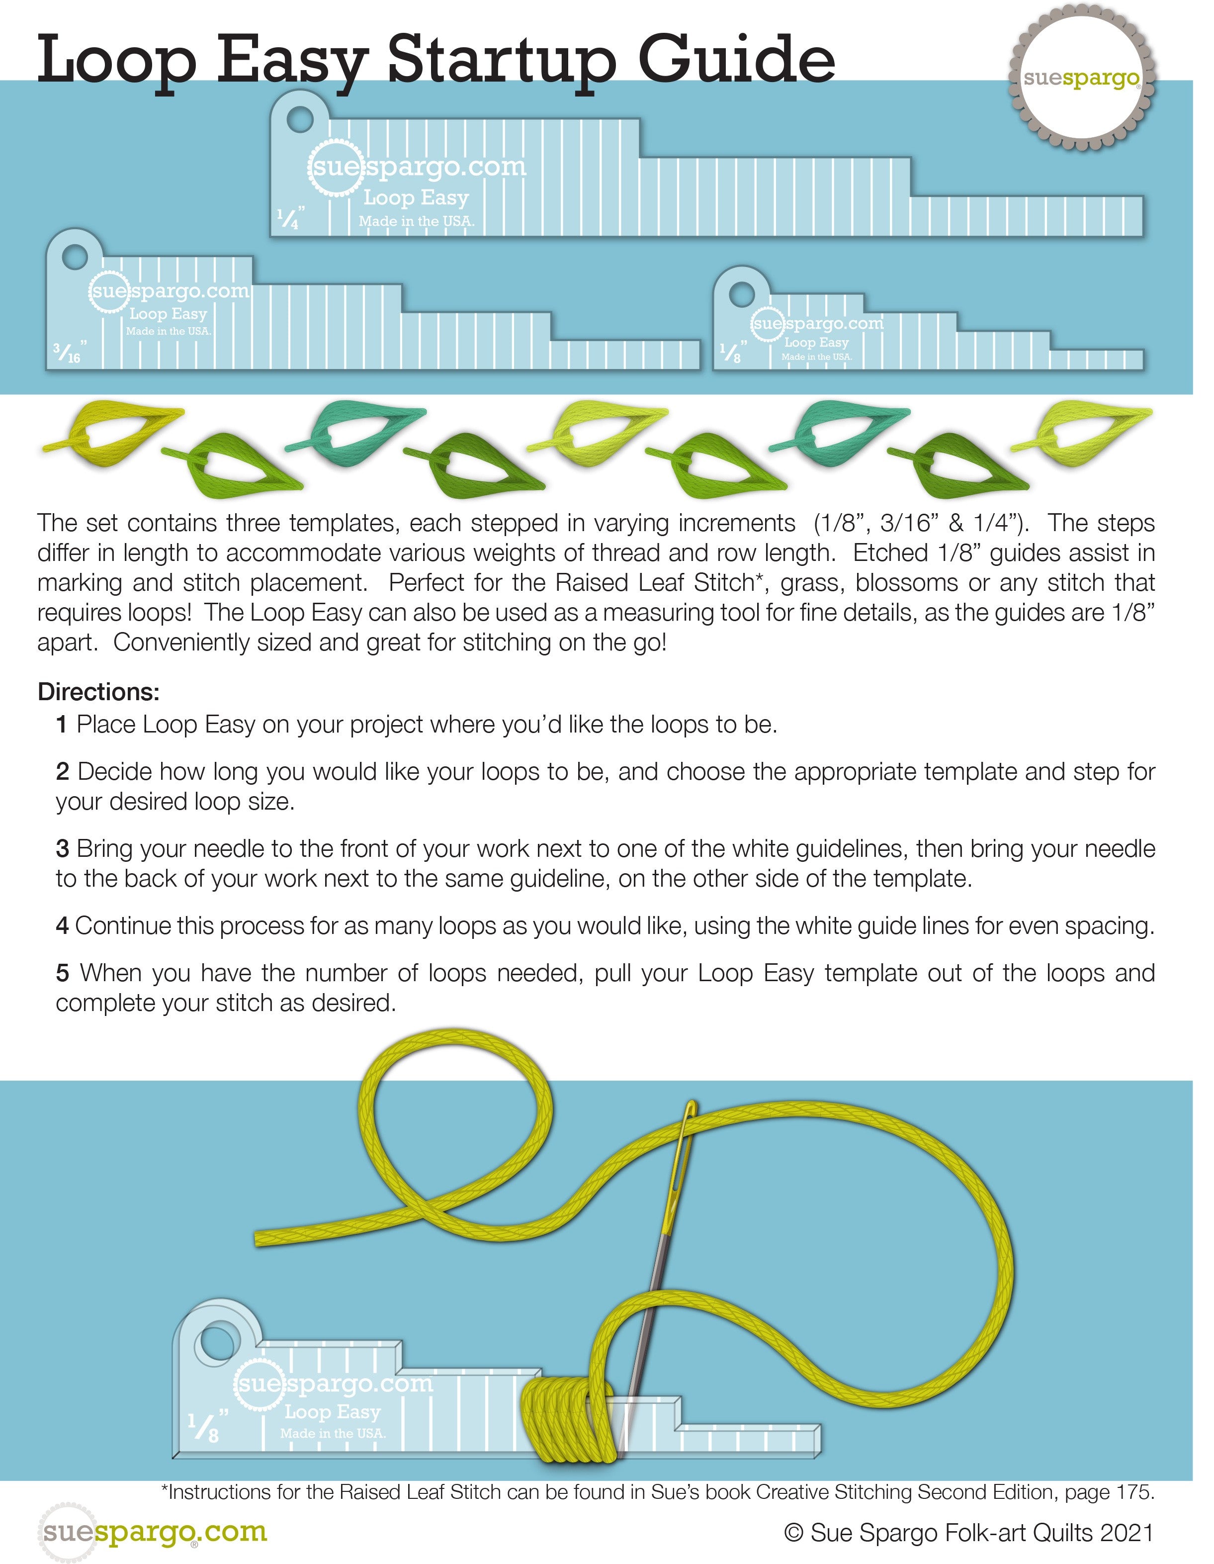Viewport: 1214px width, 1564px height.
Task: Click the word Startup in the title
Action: pyautogui.click(x=501, y=61)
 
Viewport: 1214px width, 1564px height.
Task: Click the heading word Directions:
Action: pyautogui.click(x=98, y=692)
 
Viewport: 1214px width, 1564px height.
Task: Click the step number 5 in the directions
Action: pyautogui.click(x=62, y=974)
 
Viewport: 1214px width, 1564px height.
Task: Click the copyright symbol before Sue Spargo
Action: pyautogui.click(x=793, y=1533)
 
